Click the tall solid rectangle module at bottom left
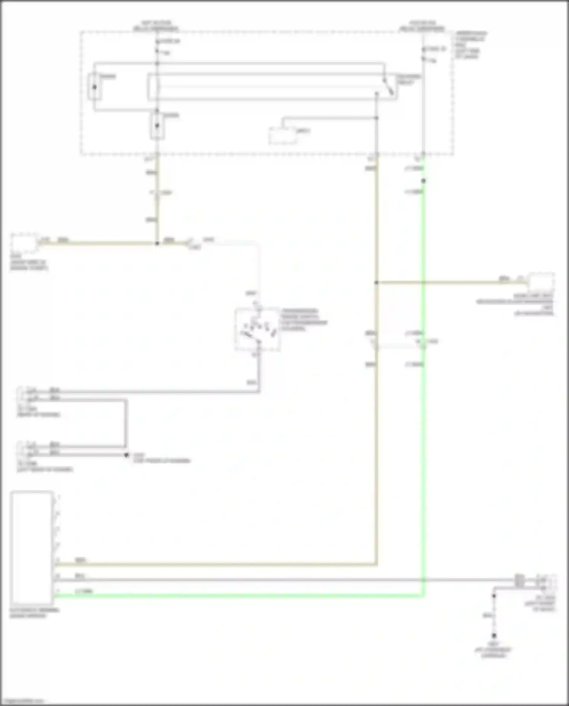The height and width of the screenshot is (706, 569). [32, 547]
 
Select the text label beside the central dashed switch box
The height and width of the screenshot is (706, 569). [303, 319]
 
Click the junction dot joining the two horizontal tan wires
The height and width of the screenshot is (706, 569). [157, 243]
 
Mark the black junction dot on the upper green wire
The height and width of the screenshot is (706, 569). [423, 181]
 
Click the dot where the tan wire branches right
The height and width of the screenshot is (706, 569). [376, 282]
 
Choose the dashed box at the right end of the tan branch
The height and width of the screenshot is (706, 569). [541, 282]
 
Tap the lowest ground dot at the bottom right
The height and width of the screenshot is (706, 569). [494, 635]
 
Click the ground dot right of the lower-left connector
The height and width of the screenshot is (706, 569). [127, 455]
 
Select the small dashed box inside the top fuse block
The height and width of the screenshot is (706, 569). [283, 135]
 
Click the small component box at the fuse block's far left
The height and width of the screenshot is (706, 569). [94, 87]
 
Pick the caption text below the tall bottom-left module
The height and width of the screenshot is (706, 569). [34, 613]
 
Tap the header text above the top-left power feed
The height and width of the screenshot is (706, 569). [156, 26]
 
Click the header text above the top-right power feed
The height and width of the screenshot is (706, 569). [422, 26]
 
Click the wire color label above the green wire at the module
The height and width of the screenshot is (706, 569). [83, 591]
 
